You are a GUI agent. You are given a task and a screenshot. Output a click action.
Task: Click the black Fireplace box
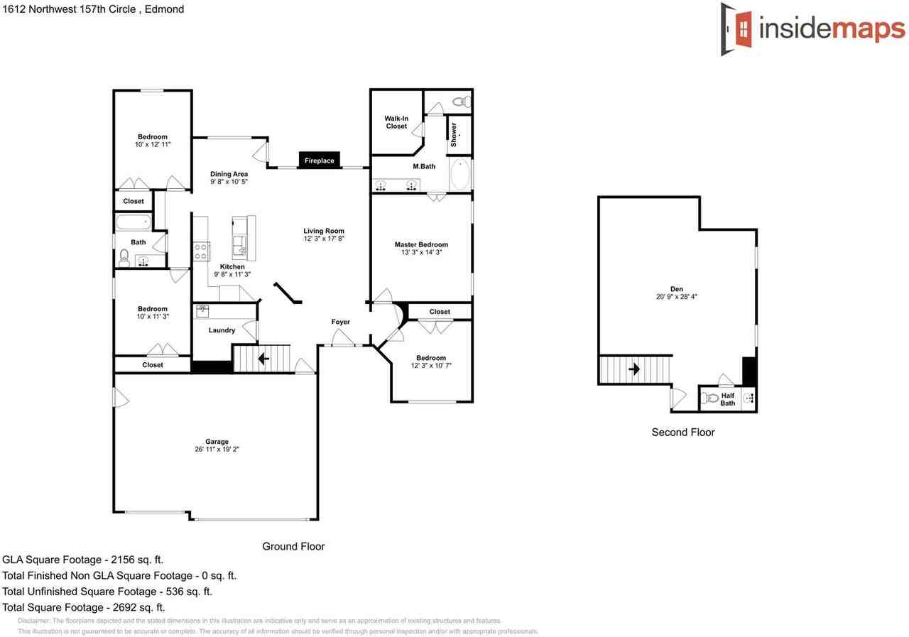pos(320,161)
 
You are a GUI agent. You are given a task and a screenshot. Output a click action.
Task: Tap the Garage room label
pos(217,442)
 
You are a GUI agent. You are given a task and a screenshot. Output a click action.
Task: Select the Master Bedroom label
pos(421,244)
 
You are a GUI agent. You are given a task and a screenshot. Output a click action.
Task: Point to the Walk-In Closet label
pos(396,122)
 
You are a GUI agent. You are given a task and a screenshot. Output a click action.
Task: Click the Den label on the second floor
pos(677,289)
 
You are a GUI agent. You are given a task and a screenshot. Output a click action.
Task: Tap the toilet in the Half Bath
pos(709,398)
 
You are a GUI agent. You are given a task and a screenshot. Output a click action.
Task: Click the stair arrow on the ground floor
pos(263,359)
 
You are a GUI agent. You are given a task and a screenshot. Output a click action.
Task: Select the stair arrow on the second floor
pos(633,370)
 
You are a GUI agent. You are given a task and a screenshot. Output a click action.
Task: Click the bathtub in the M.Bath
pos(459,175)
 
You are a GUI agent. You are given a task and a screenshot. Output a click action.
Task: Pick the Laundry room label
pos(222,330)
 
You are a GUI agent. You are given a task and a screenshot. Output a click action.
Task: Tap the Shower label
pos(454,135)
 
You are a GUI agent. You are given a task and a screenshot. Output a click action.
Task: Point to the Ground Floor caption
pos(293,546)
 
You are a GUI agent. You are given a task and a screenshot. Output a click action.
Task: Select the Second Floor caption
pos(683,432)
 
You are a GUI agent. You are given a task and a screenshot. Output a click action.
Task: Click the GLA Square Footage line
pos(83,560)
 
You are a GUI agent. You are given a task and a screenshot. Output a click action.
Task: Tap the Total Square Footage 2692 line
pos(84,607)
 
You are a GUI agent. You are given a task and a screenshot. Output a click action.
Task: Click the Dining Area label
pos(229,173)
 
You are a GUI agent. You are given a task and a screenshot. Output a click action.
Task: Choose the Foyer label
pos(341,322)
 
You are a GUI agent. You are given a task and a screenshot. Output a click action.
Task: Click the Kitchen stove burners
pos(202,251)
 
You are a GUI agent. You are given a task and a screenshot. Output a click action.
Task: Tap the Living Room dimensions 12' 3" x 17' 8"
pos(324,239)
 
